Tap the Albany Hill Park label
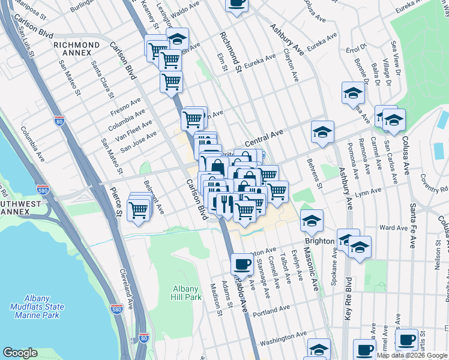186,292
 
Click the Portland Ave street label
271,312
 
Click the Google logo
20,353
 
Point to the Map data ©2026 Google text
412,355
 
